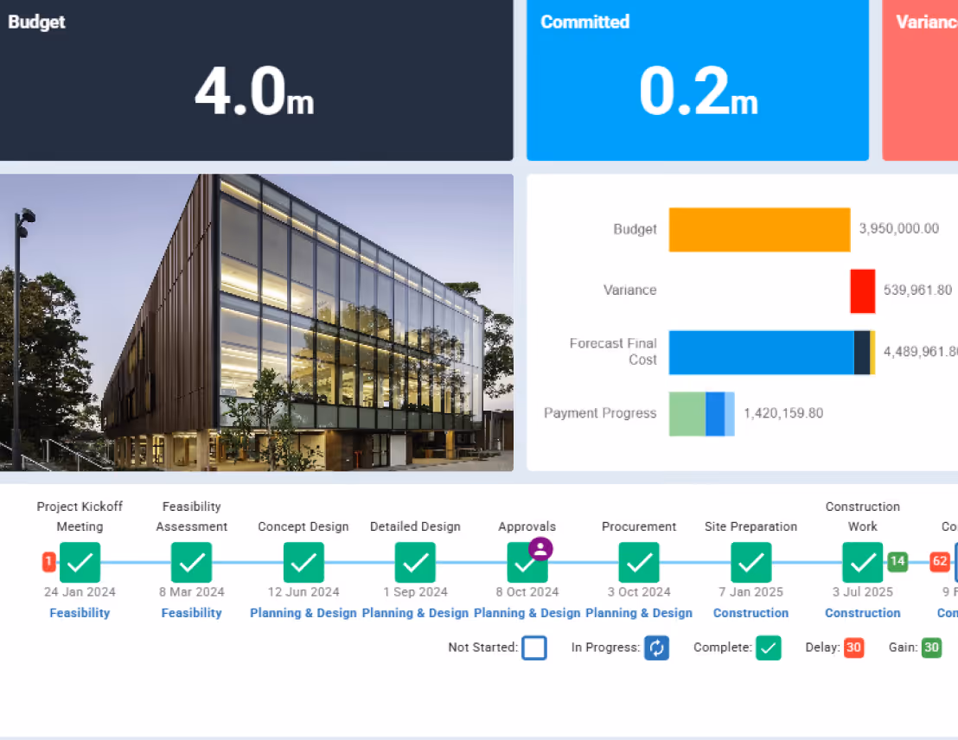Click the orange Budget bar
(759, 229)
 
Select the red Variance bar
(862, 290)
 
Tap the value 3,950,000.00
(898, 229)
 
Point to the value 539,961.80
(917, 290)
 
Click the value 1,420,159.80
(783, 413)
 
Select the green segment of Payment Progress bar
(687, 413)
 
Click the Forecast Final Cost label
(613, 351)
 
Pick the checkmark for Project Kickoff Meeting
(80, 563)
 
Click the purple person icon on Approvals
(540, 549)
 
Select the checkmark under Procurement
(639, 563)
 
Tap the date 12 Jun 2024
(303, 592)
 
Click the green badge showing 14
(897, 562)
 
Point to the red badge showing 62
(940, 562)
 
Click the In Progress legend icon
(656, 647)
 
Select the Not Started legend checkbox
(534, 647)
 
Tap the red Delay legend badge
(854, 647)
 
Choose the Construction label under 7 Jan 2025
(750, 613)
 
